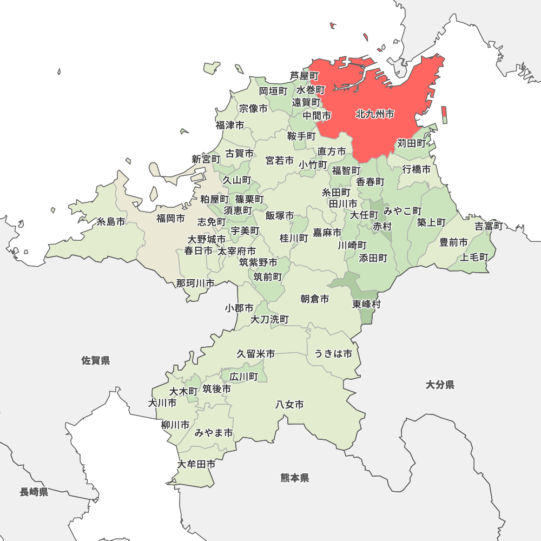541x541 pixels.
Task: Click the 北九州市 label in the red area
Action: pyautogui.click(x=375, y=114)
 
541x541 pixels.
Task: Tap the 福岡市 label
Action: pyautogui.click(x=170, y=219)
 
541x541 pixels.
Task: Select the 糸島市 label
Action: pyautogui.click(x=111, y=222)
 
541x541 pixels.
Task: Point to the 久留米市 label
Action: pyautogui.click(x=255, y=354)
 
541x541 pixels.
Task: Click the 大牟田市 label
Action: pyautogui.click(x=196, y=464)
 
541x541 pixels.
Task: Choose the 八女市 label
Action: pyautogui.click(x=289, y=404)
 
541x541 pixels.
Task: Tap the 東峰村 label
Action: pyautogui.click(x=366, y=304)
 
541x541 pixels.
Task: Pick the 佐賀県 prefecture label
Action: pyautogui.click(x=96, y=360)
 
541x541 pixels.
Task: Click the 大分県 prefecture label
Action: pyautogui.click(x=439, y=385)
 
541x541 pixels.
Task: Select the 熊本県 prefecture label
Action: pyautogui.click(x=295, y=478)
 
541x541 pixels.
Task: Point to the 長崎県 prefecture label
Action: pyautogui.click(x=34, y=492)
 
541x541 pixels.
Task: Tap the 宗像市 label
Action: pyautogui.click(x=253, y=109)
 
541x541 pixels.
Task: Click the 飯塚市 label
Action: pyautogui.click(x=280, y=216)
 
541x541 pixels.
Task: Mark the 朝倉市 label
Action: pyautogui.click(x=314, y=299)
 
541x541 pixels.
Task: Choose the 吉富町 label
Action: pyautogui.click(x=489, y=226)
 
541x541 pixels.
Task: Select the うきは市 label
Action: pyautogui.click(x=333, y=354)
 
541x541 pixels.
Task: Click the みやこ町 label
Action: pyautogui.click(x=403, y=210)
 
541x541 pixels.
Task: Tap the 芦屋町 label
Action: pyautogui.click(x=304, y=76)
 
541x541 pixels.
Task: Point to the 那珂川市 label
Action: pyautogui.click(x=195, y=283)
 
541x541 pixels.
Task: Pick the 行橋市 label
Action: pyautogui.click(x=417, y=169)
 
